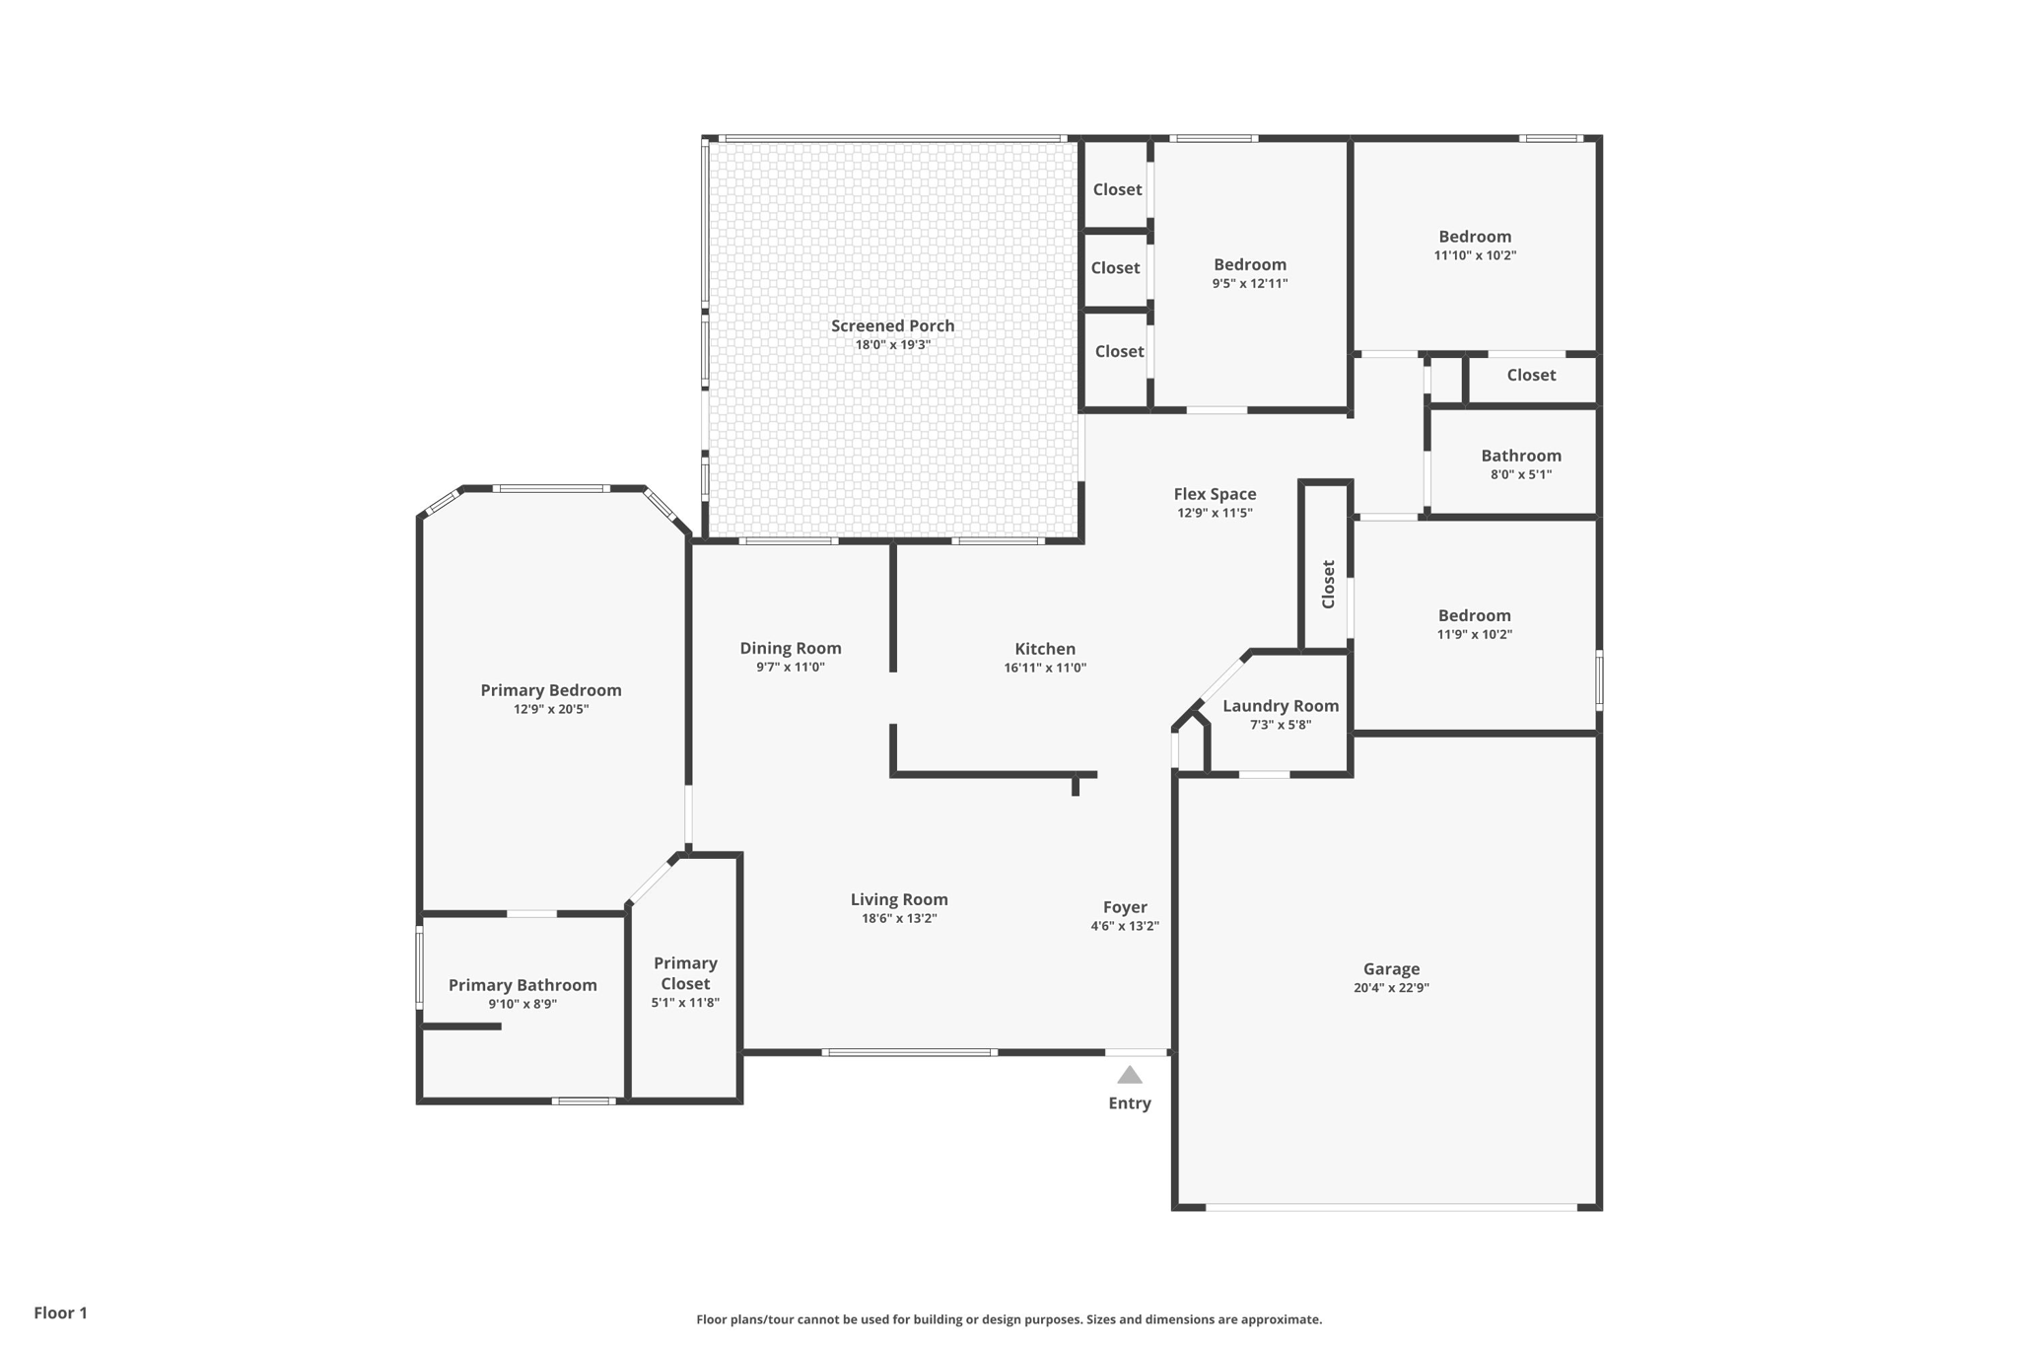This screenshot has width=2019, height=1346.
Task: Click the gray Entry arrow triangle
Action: pos(1130,1075)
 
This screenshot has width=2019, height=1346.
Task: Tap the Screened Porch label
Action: pos(892,325)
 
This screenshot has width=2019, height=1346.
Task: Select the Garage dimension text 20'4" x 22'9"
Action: pos(1391,988)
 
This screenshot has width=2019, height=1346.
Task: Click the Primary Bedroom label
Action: pos(551,690)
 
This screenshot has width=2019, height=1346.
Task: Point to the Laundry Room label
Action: pos(1281,706)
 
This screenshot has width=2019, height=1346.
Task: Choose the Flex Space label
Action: pos(1215,494)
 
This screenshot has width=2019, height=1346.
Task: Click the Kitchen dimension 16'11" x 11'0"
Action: pos(1045,668)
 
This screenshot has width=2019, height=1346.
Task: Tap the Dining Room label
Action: pos(791,648)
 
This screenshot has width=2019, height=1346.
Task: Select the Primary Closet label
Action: pos(685,973)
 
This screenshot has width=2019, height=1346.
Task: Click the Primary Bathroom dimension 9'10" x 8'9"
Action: pos(522,1004)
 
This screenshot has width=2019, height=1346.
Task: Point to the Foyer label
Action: pos(1125,907)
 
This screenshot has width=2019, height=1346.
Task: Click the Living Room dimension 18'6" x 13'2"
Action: pos(899,918)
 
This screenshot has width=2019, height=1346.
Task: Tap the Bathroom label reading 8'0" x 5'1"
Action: pos(1521,474)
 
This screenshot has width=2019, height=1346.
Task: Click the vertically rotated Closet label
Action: pos(1328,585)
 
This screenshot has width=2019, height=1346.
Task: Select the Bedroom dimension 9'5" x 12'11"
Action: pos(1250,283)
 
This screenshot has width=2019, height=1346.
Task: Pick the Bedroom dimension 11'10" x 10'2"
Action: pos(1475,255)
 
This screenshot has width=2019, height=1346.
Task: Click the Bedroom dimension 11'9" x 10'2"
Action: pos(1474,634)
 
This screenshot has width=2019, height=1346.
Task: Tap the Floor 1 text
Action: pos(60,1312)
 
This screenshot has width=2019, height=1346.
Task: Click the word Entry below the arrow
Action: pos(1130,1103)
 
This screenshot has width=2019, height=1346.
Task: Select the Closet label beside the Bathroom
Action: pos(1531,375)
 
